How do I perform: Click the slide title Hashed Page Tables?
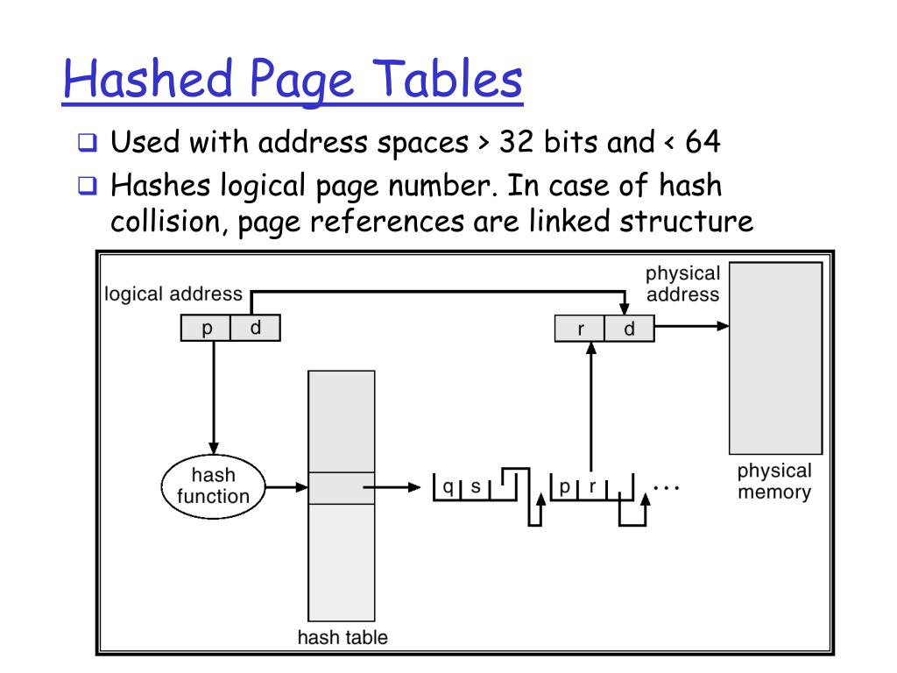pyautogui.click(x=293, y=81)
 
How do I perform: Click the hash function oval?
pyautogui.click(x=213, y=485)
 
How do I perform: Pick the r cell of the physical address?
pyautogui.click(x=581, y=329)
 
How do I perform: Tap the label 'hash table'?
pyautogui.click(x=342, y=637)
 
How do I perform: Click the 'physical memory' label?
pyautogui.click(x=774, y=480)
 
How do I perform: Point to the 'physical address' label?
pyautogui.click(x=683, y=284)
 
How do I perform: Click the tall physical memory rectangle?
pyautogui.click(x=775, y=357)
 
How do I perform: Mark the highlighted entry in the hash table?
pyautogui.click(x=342, y=488)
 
